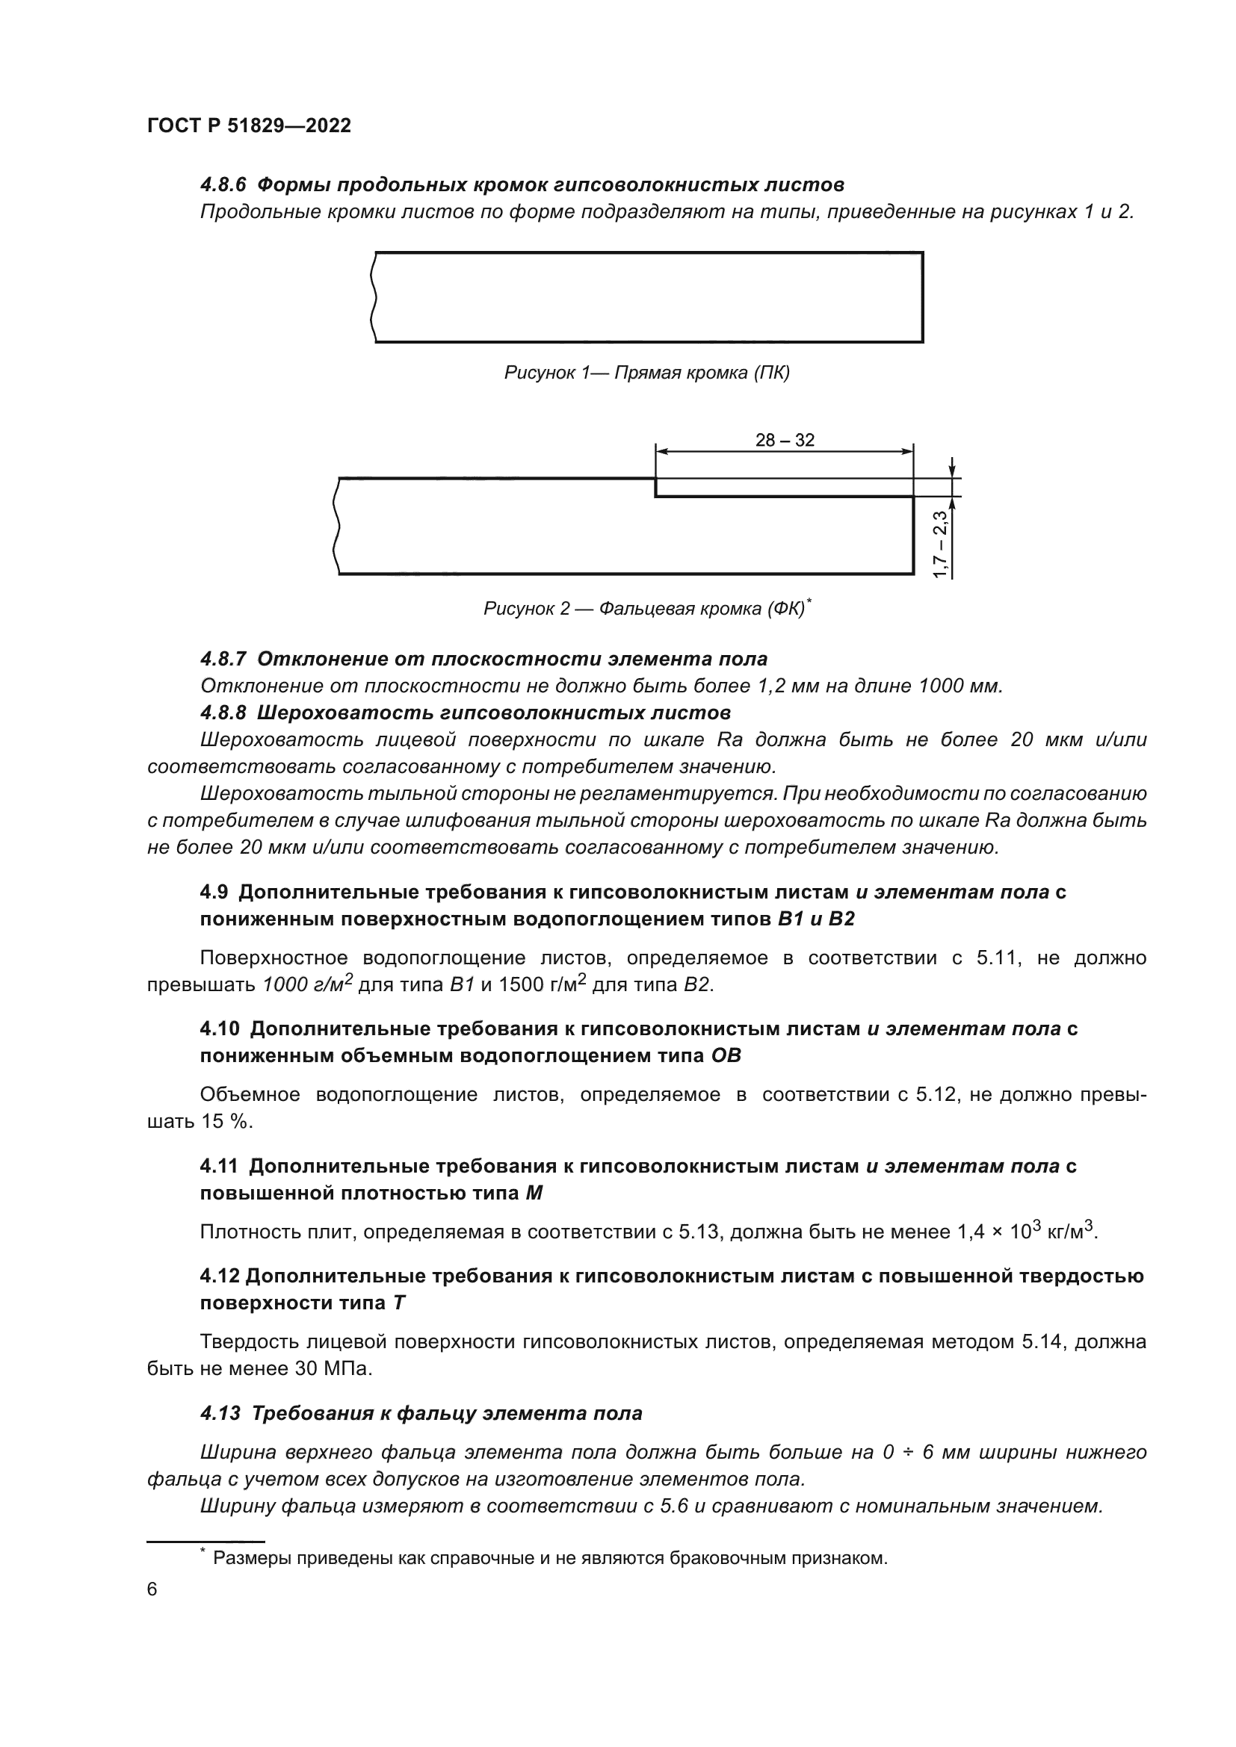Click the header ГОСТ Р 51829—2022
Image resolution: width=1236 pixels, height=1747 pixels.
pyautogui.click(x=249, y=125)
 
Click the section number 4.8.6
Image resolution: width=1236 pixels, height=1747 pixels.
pyautogui.click(x=225, y=185)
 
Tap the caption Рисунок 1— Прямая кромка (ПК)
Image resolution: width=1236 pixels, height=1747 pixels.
pyautogui.click(x=646, y=373)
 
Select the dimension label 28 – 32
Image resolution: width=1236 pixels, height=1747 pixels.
pyautogui.click(x=784, y=440)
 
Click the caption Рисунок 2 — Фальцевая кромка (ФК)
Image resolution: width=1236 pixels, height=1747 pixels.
pyautogui.click(x=644, y=609)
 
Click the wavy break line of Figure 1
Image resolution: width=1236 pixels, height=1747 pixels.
pyautogui.click(x=373, y=297)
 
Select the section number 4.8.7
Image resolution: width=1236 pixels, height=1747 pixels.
pyautogui.click(x=225, y=658)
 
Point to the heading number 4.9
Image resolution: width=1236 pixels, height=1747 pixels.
pyautogui.click(x=214, y=892)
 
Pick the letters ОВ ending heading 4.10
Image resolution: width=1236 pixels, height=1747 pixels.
pyautogui.click(x=726, y=1055)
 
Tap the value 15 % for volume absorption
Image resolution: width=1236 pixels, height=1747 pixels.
pyautogui.click(x=225, y=1121)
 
